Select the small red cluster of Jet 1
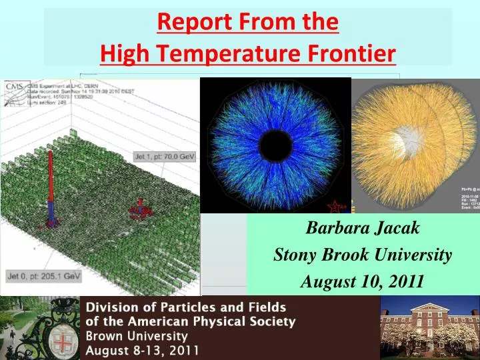click(141, 207)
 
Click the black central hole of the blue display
click(275, 145)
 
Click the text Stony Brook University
click(363, 255)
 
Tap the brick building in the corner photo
click(429, 327)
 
